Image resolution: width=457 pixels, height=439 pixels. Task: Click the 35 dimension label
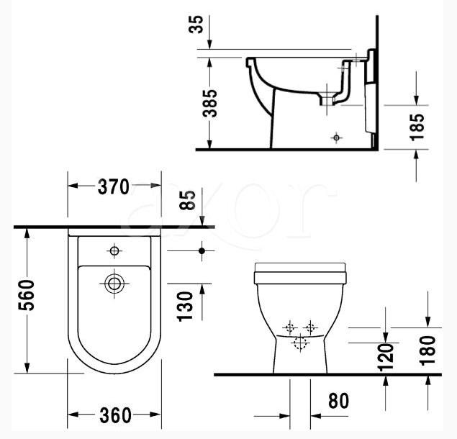[x=196, y=24]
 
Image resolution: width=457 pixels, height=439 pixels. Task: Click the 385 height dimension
[x=210, y=104]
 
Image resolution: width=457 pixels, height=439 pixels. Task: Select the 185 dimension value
[x=417, y=127]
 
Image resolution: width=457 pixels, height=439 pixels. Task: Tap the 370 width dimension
[x=114, y=186]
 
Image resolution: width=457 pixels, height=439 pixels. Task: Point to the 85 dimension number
[x=187, y=200]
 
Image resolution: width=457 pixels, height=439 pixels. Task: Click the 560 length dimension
[x=26, y=295]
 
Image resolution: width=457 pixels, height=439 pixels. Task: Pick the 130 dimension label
[x=185, y=307]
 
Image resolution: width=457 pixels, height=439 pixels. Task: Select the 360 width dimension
[x=115, y=415]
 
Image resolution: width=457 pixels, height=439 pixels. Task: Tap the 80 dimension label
[x=338, y=401]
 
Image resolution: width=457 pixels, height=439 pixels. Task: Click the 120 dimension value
[x=386, y=358]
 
